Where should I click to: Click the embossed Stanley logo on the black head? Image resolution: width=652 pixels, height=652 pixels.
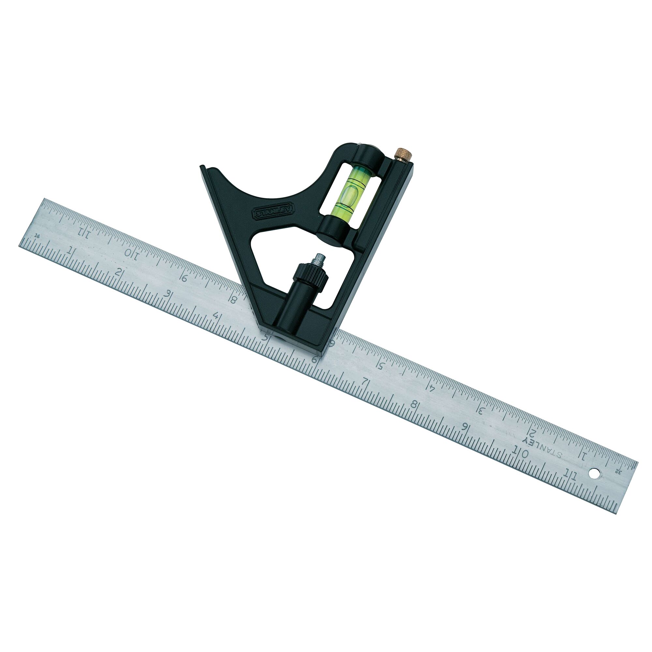[x=274, y=212]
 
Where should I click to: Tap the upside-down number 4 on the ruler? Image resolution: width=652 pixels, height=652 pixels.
[x=433, y=388]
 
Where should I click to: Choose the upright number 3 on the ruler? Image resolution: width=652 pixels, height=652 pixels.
[x=166, y=293]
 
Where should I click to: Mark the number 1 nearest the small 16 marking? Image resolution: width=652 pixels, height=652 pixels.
[x=71, y=251]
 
